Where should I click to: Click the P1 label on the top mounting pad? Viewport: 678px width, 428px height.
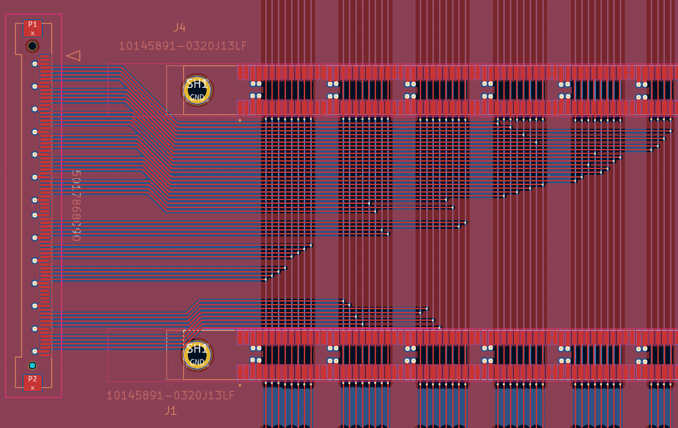[32, 24]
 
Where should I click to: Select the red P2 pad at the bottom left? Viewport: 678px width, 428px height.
[32, 382]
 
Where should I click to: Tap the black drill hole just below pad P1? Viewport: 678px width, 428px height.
[32, 46]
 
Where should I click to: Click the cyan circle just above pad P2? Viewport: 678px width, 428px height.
[32, 366]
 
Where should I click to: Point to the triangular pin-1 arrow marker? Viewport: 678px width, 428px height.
[74, 55]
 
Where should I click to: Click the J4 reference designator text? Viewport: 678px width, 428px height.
[179, 28]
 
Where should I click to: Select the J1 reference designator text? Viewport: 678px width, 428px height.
[170, 411]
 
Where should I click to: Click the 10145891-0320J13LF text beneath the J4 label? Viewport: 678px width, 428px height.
[183, 46]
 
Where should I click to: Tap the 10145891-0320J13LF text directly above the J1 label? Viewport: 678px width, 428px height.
[170, 396]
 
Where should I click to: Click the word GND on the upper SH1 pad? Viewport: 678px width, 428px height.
[197, 97]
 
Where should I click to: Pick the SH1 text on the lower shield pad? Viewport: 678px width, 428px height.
[197, 349]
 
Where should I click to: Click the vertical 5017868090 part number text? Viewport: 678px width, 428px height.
[76, 206]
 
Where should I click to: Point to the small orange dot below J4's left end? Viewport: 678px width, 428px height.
[240, 120]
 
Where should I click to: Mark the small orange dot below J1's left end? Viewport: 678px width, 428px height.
[240, 385]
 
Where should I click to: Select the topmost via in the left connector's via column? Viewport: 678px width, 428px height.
[35, 64]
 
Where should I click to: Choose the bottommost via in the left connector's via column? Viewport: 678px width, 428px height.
[35, 351]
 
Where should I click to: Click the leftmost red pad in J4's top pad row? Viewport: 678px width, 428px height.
[240, 72]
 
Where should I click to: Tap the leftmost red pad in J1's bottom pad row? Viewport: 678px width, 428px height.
[240, 372]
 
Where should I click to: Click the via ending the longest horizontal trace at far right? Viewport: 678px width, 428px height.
[670, 131]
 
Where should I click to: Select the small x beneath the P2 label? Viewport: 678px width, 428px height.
[32, 388]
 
